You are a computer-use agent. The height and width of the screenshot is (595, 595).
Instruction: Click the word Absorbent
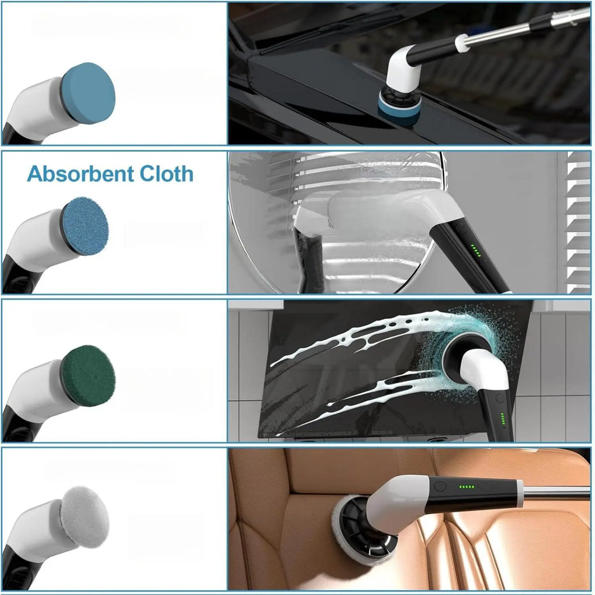click(80, 174)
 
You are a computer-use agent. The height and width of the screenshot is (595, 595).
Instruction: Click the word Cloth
click(167, 174)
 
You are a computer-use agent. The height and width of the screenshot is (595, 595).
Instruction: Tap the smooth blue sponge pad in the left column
click(88, 94)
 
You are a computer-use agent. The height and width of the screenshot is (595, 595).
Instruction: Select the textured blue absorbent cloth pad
click(85, 226)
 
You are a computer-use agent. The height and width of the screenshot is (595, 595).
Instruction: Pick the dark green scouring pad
click(88, 376)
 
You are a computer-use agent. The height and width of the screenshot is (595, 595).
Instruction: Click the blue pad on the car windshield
click(399, 108)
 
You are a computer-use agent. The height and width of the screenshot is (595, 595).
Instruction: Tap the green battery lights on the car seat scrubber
click(467, 486)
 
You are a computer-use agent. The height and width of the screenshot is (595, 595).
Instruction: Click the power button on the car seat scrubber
click(440, 486)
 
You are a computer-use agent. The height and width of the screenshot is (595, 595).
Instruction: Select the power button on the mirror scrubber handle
click(461, 229)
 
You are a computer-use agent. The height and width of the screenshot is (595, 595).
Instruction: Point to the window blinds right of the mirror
click(578, 222)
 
